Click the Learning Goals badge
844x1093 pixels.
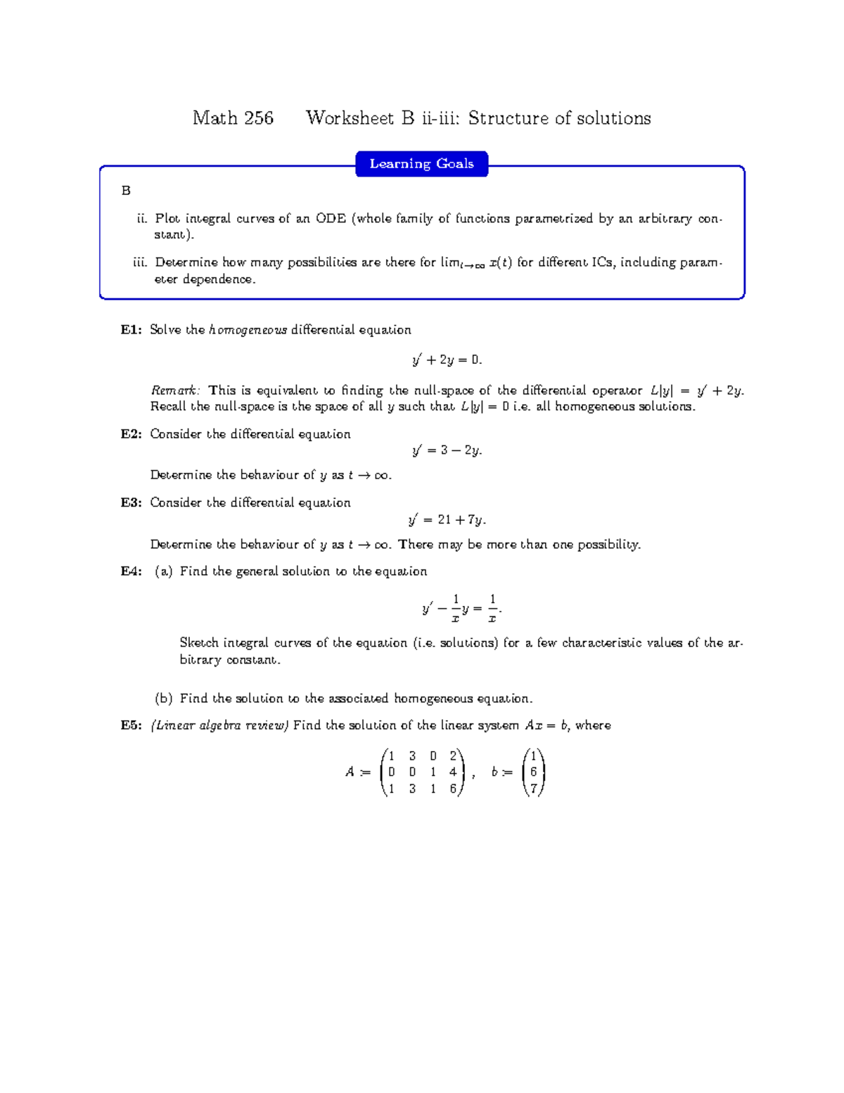tap(421, 164)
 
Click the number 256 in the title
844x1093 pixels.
tap(257, 118)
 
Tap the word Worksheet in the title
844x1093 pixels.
tap(350, 118)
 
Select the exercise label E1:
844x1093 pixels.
tap(132, 330)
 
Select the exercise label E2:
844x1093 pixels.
tap(132, 434)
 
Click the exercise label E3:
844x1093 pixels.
tap(132, 503)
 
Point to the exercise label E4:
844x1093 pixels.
tap(132, 571)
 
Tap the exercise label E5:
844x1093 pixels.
tap(132, 726)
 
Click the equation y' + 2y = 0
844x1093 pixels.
tap(447, 360)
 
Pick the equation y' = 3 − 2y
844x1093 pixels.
tap(447, 451)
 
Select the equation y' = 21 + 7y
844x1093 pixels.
tap(447, 520)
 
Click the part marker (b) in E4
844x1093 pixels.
tap(164, 699)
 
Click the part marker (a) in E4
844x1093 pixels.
tap(164, 571)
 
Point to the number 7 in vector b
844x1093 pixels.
tap(534, 789)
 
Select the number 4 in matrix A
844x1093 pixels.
tap(453, 772)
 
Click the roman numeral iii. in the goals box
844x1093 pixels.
tap(140, 263)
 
